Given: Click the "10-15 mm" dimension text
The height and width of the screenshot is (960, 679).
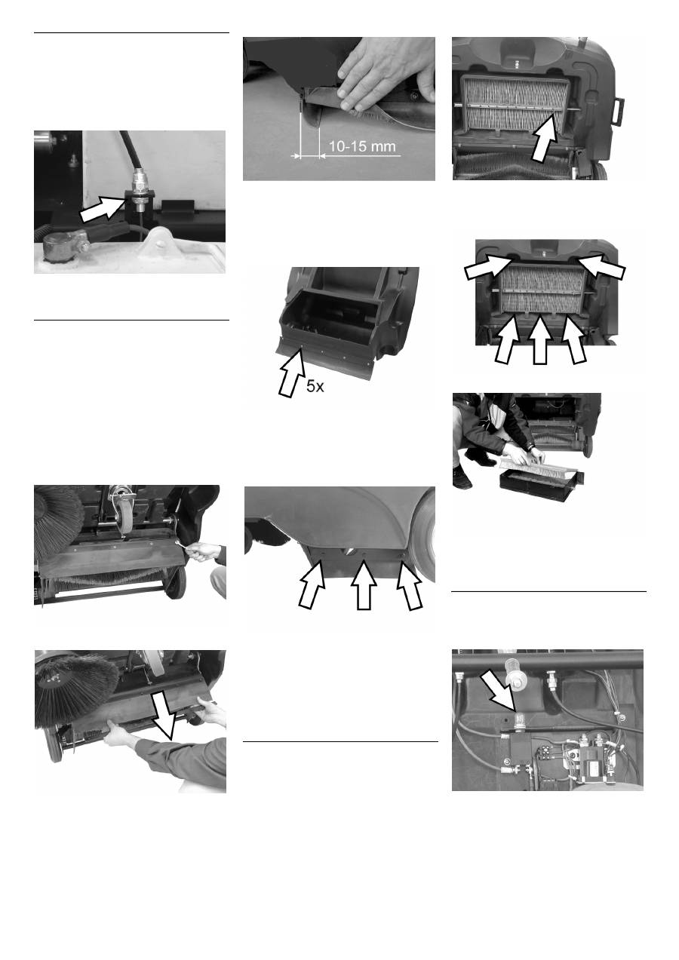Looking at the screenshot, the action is [x=362, y=146].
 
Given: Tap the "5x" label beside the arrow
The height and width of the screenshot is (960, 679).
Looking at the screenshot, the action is [x=315, y=387].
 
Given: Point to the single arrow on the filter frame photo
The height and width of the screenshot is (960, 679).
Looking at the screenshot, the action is [x=544, y=140].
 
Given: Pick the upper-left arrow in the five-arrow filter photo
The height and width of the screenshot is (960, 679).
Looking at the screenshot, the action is [x=487, y=265].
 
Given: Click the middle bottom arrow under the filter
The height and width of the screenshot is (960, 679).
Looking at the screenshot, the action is [x=540, y=340].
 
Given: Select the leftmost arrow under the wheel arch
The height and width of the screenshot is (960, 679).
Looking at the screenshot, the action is [x=312, y=583].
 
